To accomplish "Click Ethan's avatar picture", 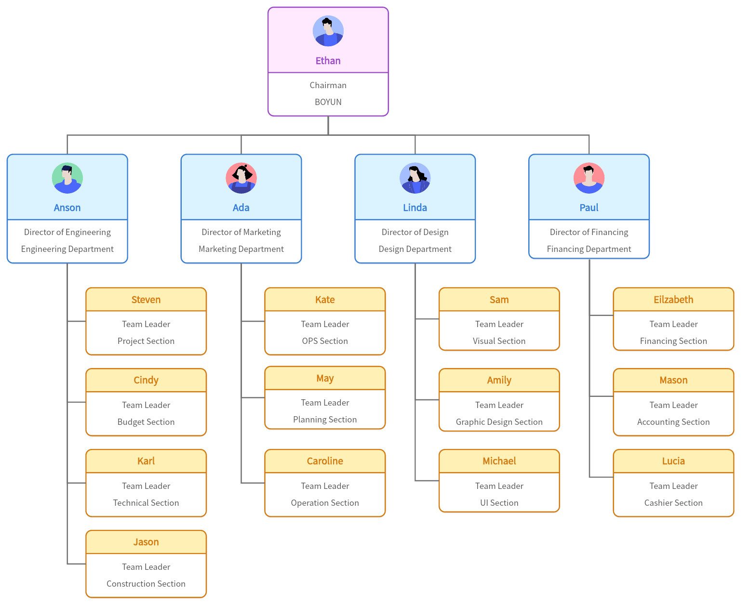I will pos(328,31).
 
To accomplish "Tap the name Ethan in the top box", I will pos(328,61).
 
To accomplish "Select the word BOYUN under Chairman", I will pos(328,102).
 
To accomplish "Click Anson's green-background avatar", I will pos(67,178).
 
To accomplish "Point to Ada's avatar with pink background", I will pos(241,178).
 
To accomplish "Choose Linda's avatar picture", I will pos(415,178).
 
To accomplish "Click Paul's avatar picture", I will pos(589,178).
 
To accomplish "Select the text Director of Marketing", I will pos(241,232).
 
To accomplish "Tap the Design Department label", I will pos(415,249).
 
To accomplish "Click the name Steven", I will pos(146,300).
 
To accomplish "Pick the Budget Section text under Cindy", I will pos(146,422).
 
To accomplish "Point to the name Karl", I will pos(146,461).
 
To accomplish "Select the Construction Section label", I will pos(146,584).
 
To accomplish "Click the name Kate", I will pos(325,300).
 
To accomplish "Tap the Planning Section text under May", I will pos(325,420).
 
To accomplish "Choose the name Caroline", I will pos(325,461).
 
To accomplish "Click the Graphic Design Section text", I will pos(499,422).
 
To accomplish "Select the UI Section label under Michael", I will pos(499,503).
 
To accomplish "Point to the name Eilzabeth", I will pos(673,300).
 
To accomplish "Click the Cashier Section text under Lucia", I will pos(673,503).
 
